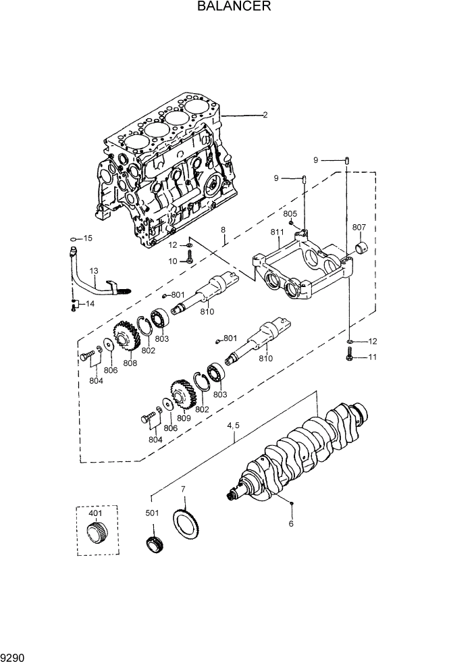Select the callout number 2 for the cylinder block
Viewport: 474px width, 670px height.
[x=265, y=115]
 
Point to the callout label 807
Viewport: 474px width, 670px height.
[x=359, y=227]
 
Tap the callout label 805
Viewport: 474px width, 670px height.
[x=290, y=213]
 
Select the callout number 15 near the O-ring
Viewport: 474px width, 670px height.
[x=87, y=238]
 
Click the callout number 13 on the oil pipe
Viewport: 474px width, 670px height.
[x=94, y=271]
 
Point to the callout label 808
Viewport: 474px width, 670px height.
[x=130, y=363]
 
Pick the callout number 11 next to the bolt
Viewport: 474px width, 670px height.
[x=371, y=357]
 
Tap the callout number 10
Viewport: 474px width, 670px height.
[x=173, y=261]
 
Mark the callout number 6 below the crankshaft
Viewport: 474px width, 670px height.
[x=291, y=523]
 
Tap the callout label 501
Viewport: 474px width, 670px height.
[x=152, y=513]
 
